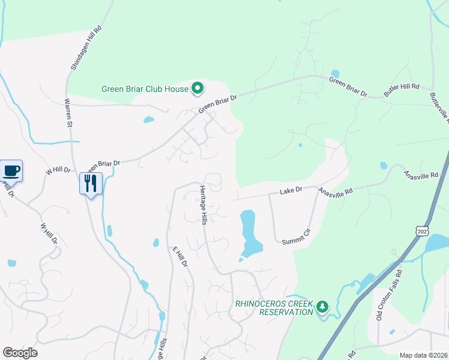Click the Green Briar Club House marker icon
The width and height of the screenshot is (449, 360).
(197, 89)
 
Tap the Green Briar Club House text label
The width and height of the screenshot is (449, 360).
(145, 89)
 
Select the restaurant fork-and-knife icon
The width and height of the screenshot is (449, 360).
(91, 182)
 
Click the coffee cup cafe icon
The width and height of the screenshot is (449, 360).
(11, 170)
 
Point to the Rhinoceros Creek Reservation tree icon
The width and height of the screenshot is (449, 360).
(323, 307)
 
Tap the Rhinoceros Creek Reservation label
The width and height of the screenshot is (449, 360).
(274, 307)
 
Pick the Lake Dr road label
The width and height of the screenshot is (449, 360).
(291, 191)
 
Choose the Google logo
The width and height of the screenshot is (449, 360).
(20, 353)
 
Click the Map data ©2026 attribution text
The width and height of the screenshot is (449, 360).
(423, 355)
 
